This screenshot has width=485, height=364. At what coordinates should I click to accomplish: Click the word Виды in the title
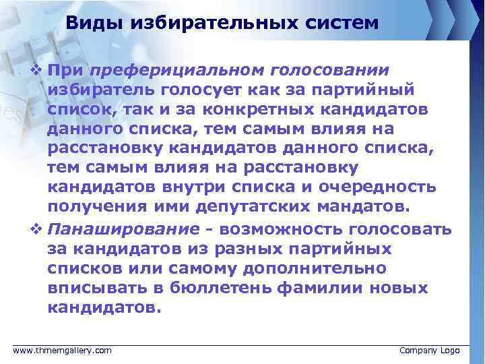[x=91, y=24]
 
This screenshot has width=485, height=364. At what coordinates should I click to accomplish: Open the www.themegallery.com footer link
[x=63, y=351]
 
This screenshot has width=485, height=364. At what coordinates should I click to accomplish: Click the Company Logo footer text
[x=429, y=351]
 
